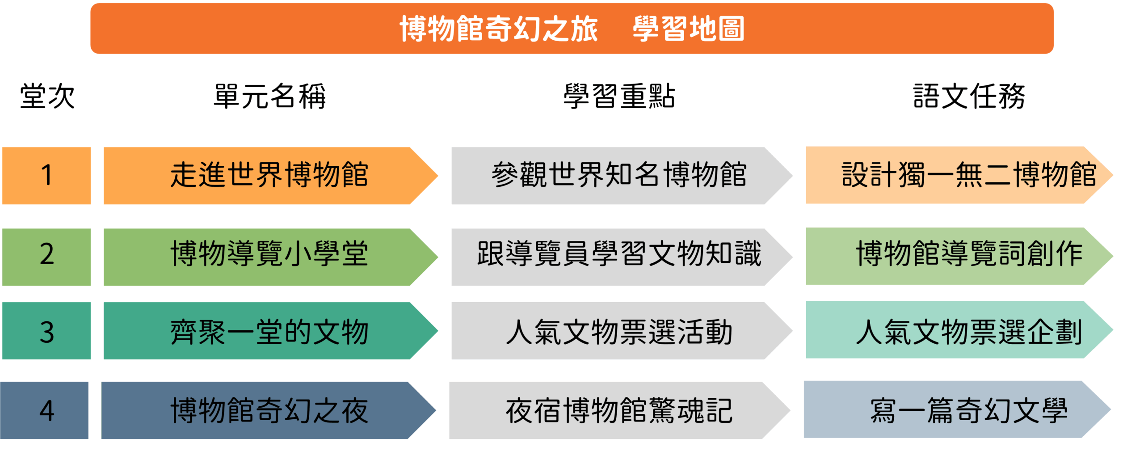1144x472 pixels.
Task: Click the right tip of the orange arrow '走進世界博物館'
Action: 437,176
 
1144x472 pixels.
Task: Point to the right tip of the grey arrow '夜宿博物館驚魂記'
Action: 790,410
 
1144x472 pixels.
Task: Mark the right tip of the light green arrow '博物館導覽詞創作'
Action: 1113,256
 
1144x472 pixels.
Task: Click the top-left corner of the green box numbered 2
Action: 2,229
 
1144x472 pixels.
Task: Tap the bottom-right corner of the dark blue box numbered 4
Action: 88,439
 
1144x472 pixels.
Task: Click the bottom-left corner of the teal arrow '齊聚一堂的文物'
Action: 104,359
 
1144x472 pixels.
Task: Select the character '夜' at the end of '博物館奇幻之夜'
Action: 355,411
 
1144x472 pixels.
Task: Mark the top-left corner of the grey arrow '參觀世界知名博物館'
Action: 451,147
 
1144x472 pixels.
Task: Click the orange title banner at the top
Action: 572,29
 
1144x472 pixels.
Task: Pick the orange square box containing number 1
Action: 46,176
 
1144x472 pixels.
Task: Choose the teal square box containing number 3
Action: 46,331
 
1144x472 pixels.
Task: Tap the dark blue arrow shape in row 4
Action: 269,410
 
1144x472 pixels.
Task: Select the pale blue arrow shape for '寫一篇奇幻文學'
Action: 957,409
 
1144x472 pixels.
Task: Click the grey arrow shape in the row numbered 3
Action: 622,331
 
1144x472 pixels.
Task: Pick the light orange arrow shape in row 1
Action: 959,175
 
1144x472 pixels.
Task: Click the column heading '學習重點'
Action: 619,96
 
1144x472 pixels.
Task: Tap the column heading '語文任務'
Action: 969,96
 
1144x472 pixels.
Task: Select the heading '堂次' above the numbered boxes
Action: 47,96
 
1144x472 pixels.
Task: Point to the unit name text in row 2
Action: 269,253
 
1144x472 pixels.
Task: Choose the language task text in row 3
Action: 969,332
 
